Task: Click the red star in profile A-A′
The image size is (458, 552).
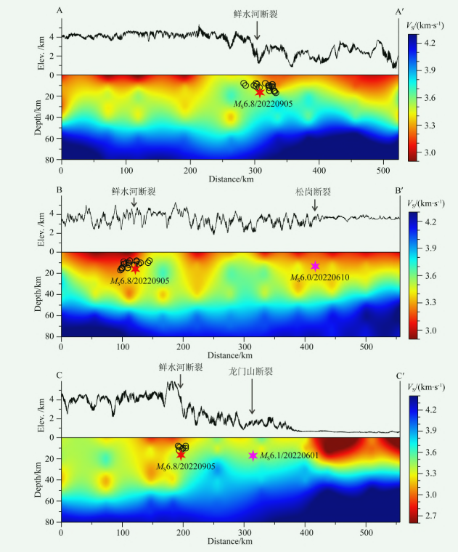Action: [259, 92]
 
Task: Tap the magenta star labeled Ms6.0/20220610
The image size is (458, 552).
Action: [315, 267]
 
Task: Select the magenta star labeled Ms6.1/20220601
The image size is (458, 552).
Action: [253, 455]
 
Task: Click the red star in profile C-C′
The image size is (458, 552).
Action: [181, 455]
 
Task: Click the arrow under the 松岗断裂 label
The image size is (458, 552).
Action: [315, 206]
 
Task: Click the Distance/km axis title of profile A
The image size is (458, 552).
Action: [231, 178]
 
